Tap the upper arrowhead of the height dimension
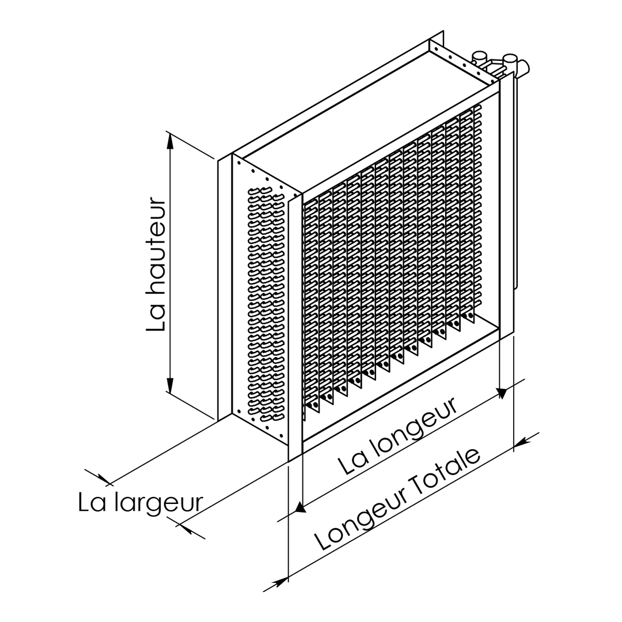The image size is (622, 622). click(x=170, y=142)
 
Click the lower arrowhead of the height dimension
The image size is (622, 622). click(x=170, y=385)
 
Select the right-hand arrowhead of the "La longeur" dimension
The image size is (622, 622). click(x=502, y=393)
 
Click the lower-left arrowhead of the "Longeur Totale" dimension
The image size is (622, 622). click(x=281, y=582)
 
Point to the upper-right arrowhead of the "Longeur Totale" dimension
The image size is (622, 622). click(x=521, y=442)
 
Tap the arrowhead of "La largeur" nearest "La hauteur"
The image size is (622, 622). click(x=104, y=480)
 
